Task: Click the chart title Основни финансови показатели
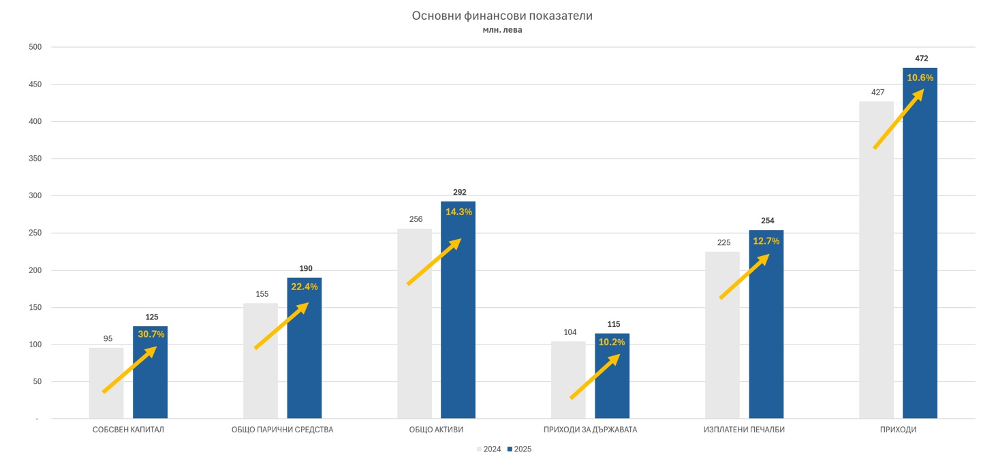point(502,16)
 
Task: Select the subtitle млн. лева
point(502,30)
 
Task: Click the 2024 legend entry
point(488,449)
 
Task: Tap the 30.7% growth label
point(151,334)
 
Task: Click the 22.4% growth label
point(305,287)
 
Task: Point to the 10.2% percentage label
point(612,342)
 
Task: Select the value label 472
point(921,59)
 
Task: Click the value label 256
point(416,219)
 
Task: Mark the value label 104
point(570,332)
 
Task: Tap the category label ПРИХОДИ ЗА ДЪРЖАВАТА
point(590,430)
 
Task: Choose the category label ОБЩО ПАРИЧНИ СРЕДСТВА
point(282,430)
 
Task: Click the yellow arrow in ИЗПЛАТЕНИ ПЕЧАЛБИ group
point(745,276)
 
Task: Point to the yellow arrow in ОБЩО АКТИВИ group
point(434,261)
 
